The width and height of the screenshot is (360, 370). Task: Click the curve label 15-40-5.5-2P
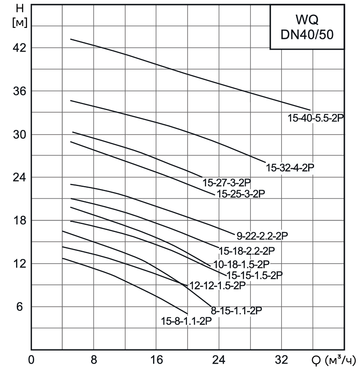316,119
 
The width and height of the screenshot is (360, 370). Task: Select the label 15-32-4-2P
290,167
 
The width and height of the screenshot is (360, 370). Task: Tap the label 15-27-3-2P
227,183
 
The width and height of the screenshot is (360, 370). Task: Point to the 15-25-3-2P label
241,194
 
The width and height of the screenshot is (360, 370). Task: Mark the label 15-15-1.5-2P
254,275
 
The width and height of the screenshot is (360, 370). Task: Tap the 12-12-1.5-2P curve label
218,286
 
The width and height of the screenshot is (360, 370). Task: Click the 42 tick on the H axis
19,48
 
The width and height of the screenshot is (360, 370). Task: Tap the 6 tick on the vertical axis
19,307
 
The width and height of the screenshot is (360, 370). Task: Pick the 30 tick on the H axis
19,134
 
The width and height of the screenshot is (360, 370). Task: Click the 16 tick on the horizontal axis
156,360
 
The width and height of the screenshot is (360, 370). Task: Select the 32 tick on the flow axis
282,360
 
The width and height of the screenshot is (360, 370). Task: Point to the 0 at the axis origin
31,360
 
